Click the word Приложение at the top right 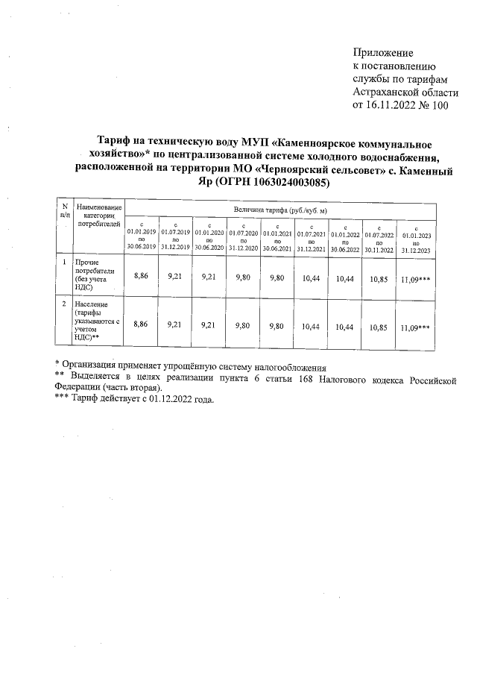382,54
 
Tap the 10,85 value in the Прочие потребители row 379,277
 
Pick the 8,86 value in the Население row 140,326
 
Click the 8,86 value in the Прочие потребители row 140,277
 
